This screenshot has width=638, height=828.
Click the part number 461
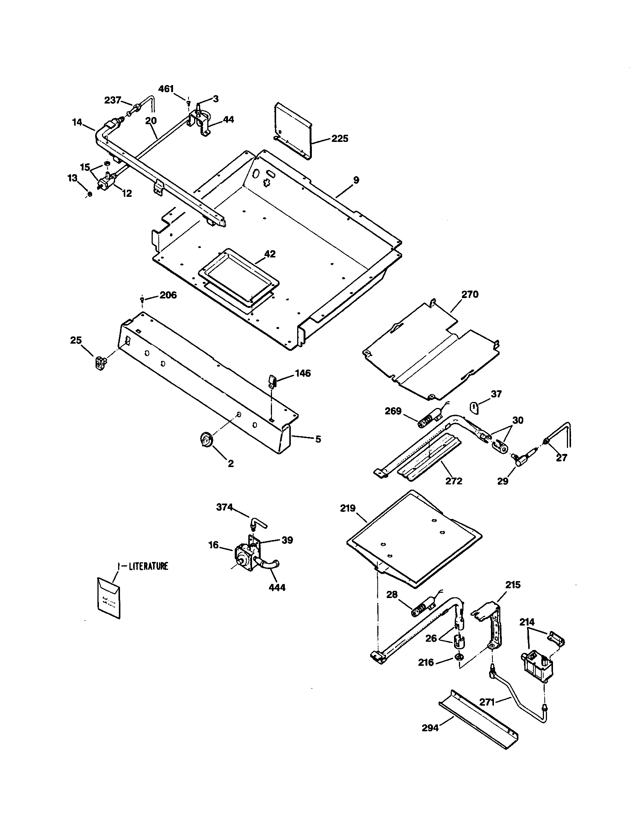[x=166, y=89]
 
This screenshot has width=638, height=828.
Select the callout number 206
[x=168, y=295]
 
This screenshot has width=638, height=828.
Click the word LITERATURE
[x=148, y=567]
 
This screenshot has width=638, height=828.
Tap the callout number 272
[x=454, y=481]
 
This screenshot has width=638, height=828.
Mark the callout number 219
[x=348, y=508]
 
